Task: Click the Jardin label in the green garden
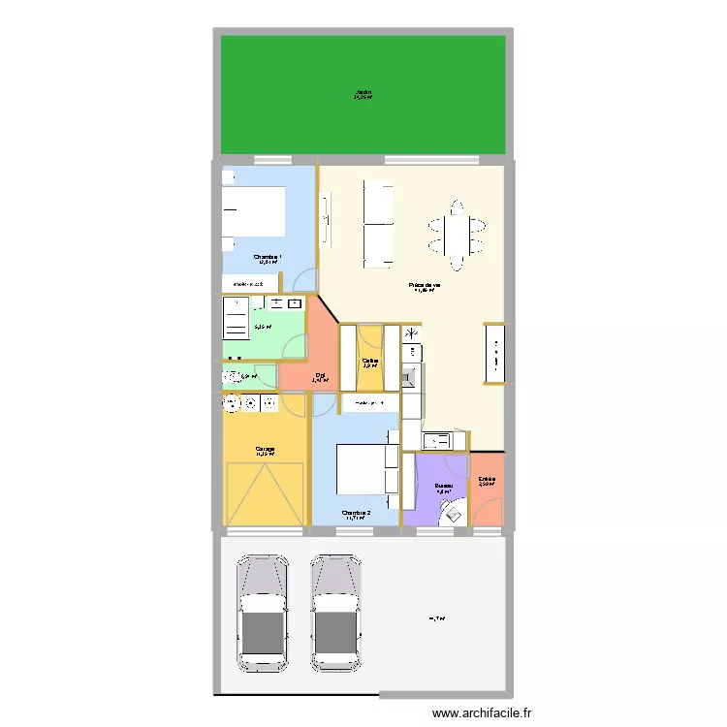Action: [363, 93]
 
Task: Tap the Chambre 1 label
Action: [267, 258]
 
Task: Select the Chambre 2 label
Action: [356, 513]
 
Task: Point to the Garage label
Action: [265, 449]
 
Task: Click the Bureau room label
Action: [444, 486]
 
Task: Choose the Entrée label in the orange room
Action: [487, 479]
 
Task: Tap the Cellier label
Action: [370, 361]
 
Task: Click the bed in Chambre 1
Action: [254, 210]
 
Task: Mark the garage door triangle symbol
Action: [265, 494]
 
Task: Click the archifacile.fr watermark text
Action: [475, 714]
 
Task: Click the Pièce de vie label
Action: [425, 285]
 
